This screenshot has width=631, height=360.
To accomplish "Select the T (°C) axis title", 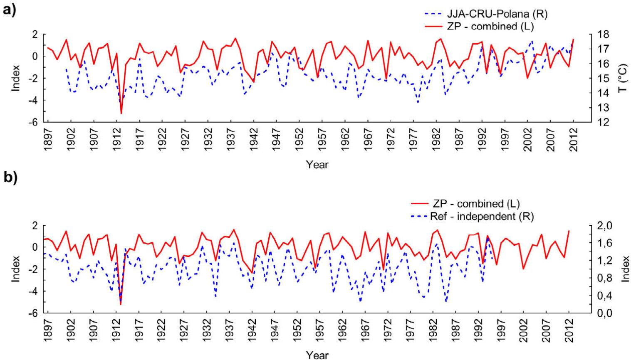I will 622,78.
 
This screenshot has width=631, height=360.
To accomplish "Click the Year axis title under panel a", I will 317,165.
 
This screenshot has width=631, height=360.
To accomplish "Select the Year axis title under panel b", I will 317,355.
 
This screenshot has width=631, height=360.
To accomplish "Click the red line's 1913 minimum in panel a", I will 121,113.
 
